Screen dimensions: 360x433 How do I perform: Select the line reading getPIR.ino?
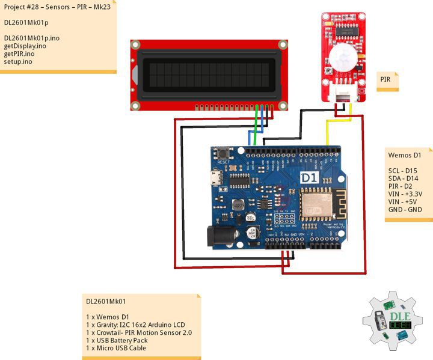click(19, 53)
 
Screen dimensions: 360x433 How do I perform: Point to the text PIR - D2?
click(401, 186)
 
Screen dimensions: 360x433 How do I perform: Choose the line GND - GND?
click(405, 210)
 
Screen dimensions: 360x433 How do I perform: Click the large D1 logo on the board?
click(309, 178)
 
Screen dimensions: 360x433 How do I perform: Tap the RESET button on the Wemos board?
click(224, 153)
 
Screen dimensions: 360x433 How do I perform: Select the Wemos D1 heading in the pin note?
click(404, 155)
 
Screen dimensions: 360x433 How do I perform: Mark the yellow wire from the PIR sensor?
click(328, 129)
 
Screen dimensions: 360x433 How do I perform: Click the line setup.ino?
click(18, 61)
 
